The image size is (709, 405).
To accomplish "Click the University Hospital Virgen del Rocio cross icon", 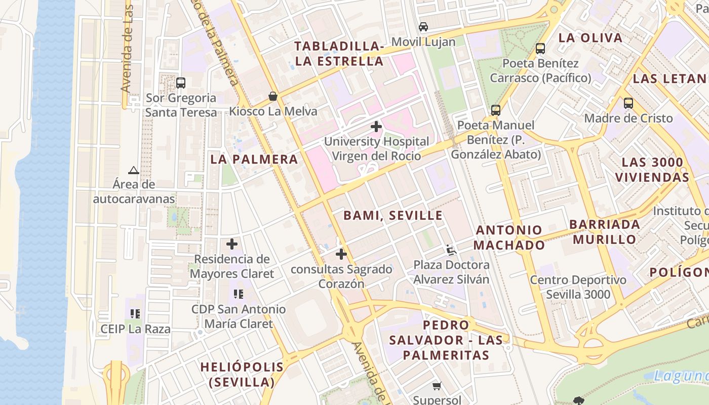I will [376, 127].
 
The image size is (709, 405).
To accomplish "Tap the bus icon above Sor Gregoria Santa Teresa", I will [181, 83].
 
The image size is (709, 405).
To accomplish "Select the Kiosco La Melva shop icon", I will [273, 96].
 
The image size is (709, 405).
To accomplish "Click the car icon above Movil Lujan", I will [423, 27].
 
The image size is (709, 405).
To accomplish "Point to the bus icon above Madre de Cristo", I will [628, 103].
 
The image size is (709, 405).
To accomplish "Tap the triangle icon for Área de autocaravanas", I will [134, 170].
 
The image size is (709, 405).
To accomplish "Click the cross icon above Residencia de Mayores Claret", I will [232, 244].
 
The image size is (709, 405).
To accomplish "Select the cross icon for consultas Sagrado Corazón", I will [341, 254].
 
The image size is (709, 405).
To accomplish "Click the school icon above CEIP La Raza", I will [135, 314].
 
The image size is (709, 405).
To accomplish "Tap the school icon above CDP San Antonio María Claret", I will [239, 294].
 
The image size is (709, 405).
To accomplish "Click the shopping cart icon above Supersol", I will [437, 386].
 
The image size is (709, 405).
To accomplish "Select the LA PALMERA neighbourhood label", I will [254, 159].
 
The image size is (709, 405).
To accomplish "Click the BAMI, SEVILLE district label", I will [393, 216].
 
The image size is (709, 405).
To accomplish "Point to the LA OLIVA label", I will [590, 38].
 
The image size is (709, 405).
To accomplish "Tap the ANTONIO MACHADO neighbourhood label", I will [509, 237].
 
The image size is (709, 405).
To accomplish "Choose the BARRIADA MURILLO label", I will [605, 232].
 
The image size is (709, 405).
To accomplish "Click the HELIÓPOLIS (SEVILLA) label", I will [242, 374].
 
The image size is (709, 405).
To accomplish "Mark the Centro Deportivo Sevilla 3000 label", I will [578, 287].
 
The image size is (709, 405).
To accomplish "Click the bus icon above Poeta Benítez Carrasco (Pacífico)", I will [540, 49].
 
